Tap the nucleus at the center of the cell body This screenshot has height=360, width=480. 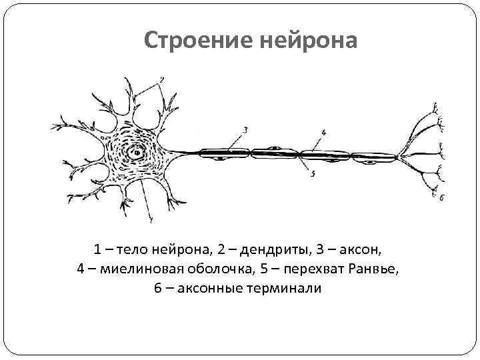[x=137, y=152]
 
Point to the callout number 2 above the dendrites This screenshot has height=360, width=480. [x=162, y=81]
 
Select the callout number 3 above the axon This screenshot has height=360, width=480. [x=245, y=130]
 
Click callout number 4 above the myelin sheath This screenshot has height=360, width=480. [x=323, y=132]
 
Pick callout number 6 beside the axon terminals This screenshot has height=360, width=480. [x=441, y=198]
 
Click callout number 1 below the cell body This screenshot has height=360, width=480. [x=151, y=219]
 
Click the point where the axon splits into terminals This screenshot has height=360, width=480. [x=398, y=157]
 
